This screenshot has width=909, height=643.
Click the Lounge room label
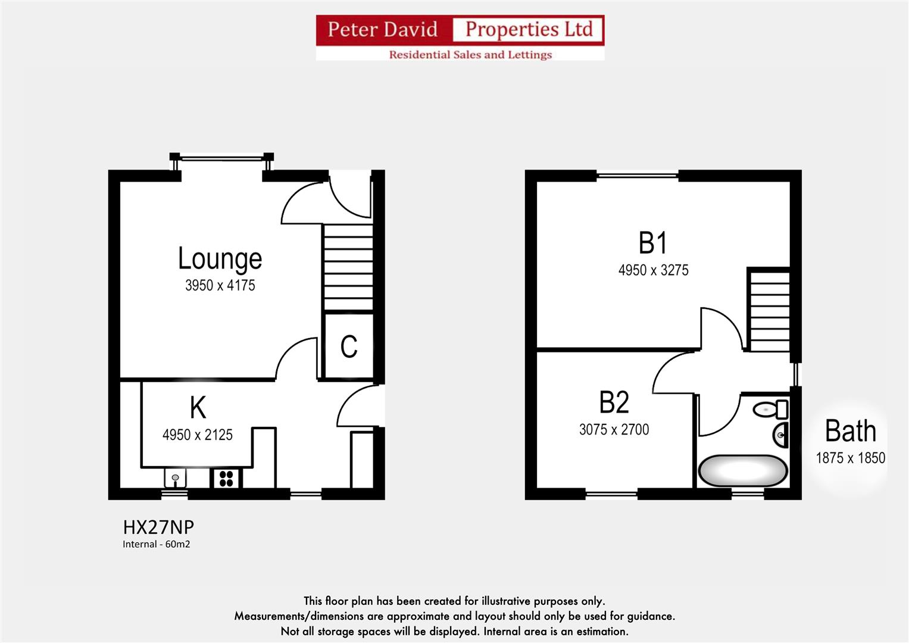point(220,258)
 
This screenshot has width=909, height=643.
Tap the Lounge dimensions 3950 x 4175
point(220,286)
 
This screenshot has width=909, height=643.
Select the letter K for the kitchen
point(198,408)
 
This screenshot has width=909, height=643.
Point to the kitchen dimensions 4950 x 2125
point(197,435)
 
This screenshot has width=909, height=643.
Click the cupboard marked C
point(349,347)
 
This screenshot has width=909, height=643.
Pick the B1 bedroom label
point(653,243)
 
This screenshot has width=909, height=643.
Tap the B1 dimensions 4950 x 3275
point(653,270)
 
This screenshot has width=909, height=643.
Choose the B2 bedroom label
point(614,402)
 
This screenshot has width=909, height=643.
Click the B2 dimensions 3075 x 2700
point(614,430)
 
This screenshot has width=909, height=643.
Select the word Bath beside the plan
point(850,431)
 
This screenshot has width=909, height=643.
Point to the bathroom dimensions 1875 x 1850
point(850,458)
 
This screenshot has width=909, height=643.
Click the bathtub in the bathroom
point(742,471)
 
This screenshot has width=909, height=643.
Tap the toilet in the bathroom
point(770,410)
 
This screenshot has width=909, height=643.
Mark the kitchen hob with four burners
point(226,478)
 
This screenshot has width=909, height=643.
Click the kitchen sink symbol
point(175,477)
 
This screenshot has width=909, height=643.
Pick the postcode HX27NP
point(158,527)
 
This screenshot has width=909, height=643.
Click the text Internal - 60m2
point(156,544)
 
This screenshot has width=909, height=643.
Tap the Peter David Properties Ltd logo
point(460,38)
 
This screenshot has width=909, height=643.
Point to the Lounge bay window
point(221,158)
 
